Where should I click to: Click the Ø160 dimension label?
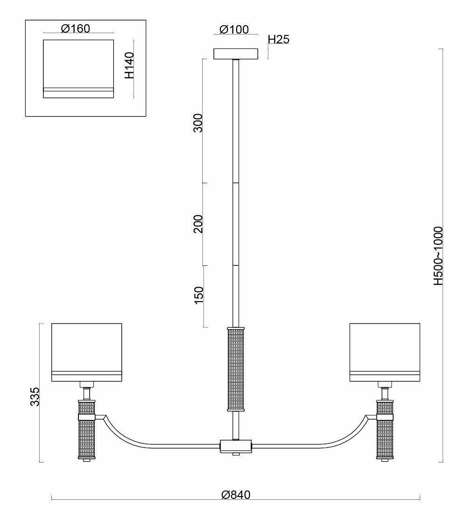tap(75, 28)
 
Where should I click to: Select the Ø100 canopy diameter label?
tap(233, 29)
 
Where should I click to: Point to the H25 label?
tap(278, 39)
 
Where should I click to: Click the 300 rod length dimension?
tap(198, 123)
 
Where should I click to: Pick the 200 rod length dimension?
tap(198, 224)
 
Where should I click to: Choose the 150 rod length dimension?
tap(198, 296)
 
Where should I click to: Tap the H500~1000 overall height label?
tap(437, 256)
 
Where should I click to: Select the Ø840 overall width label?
tap(236, 494)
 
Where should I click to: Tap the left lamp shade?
tap(86, 352)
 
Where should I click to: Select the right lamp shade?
tap(385, 352)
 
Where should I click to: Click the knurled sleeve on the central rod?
tap(236, 369)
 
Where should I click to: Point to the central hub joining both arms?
tap(236, 445)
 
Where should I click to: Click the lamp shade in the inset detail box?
tap(78, 69)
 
